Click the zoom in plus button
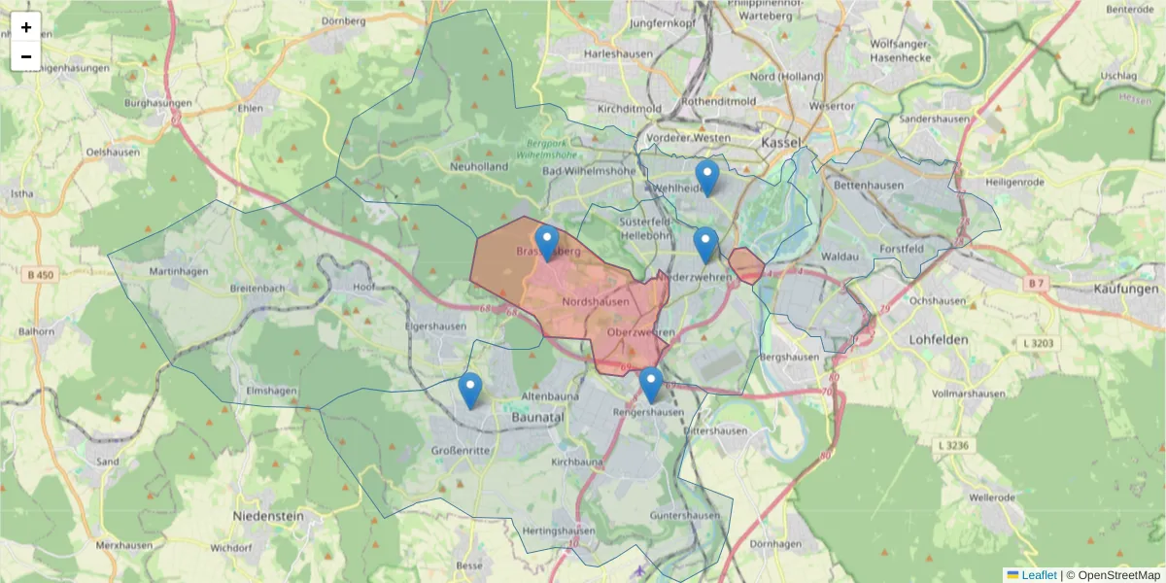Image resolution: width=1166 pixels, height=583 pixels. point(26,27)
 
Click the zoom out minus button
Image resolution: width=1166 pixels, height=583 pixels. point(26,56)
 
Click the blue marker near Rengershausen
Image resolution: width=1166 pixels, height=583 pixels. point(651,385)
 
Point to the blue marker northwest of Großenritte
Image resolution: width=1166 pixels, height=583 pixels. point(470,390)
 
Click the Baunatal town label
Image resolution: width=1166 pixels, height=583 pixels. point(537,417)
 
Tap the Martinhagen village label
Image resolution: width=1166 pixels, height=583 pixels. point(179,271)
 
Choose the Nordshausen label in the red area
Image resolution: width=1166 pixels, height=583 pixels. point(596,302)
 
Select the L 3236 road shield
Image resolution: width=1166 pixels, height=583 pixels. point(956,445)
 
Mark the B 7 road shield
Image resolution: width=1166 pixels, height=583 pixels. point(1036,283)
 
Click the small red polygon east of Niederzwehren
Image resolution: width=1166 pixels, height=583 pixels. point(746,264)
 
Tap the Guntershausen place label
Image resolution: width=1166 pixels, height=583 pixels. point(685,515)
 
